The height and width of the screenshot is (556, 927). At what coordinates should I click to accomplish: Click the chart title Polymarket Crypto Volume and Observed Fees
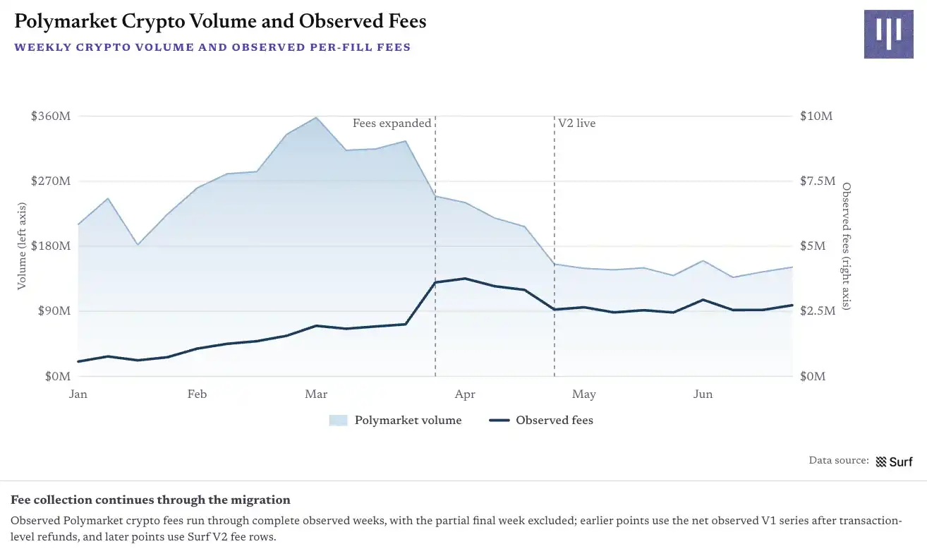point(220,21)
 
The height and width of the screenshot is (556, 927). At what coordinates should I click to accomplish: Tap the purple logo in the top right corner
point(888,34)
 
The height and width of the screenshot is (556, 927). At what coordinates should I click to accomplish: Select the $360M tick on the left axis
point(51,116)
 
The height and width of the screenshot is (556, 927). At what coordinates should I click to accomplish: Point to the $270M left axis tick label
point(51,181)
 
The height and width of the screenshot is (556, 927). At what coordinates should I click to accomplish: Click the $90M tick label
point(54,311)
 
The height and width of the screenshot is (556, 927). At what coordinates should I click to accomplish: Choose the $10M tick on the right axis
point(816,116)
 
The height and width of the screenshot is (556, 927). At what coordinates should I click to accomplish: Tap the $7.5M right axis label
point(818,181)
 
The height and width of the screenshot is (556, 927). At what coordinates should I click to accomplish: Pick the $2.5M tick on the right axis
point(818,311)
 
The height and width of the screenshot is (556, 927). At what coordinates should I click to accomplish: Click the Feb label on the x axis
point(197,394)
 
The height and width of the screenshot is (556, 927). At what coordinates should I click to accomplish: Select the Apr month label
point(465,394)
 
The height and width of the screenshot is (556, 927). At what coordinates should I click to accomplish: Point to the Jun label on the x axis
point(703,394)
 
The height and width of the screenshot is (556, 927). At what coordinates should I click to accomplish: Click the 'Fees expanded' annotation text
point(392,123)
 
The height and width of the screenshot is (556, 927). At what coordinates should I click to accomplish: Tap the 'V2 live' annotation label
point(577,123)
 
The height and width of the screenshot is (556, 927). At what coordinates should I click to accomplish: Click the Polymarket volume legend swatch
point(338,421)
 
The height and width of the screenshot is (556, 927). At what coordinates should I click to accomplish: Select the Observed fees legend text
point(554,421)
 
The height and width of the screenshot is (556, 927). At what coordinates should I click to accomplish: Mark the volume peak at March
point(316,118)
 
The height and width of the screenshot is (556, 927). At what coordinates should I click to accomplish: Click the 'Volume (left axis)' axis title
point(22,246)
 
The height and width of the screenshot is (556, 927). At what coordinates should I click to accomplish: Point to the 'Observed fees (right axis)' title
point(847,246)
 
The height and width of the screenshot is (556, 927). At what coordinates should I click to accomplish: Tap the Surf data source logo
point(894,461)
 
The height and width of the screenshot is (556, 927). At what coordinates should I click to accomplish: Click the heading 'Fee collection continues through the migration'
point(151,500)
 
